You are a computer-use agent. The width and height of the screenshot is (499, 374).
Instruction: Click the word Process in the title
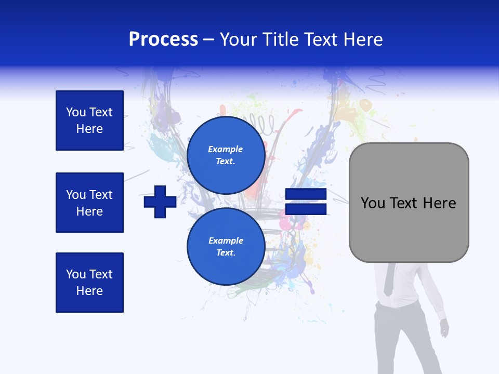[163, 39]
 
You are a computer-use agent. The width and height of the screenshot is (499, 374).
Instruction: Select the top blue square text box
[89, 121]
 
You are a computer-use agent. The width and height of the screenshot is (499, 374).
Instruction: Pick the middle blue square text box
[89, 203]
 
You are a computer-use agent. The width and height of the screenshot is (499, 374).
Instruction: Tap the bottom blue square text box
[89, 283]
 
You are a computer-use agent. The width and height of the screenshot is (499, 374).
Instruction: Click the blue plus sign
[160, 202]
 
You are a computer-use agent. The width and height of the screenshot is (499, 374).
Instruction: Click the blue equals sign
[306, 202]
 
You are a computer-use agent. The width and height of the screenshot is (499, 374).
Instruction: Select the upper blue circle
[226, 155]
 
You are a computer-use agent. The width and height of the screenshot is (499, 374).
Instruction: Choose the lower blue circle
[226, 247]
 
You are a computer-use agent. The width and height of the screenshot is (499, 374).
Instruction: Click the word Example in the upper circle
[226, 149]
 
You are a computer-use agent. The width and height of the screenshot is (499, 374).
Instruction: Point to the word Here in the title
[364, 39]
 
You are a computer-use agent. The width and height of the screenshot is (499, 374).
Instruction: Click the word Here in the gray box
[439, 203]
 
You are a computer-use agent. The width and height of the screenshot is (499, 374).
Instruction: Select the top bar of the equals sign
[306, 195]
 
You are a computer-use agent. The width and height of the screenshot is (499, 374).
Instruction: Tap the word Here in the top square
[89, 129]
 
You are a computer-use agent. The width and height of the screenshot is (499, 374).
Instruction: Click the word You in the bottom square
[76, 274]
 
